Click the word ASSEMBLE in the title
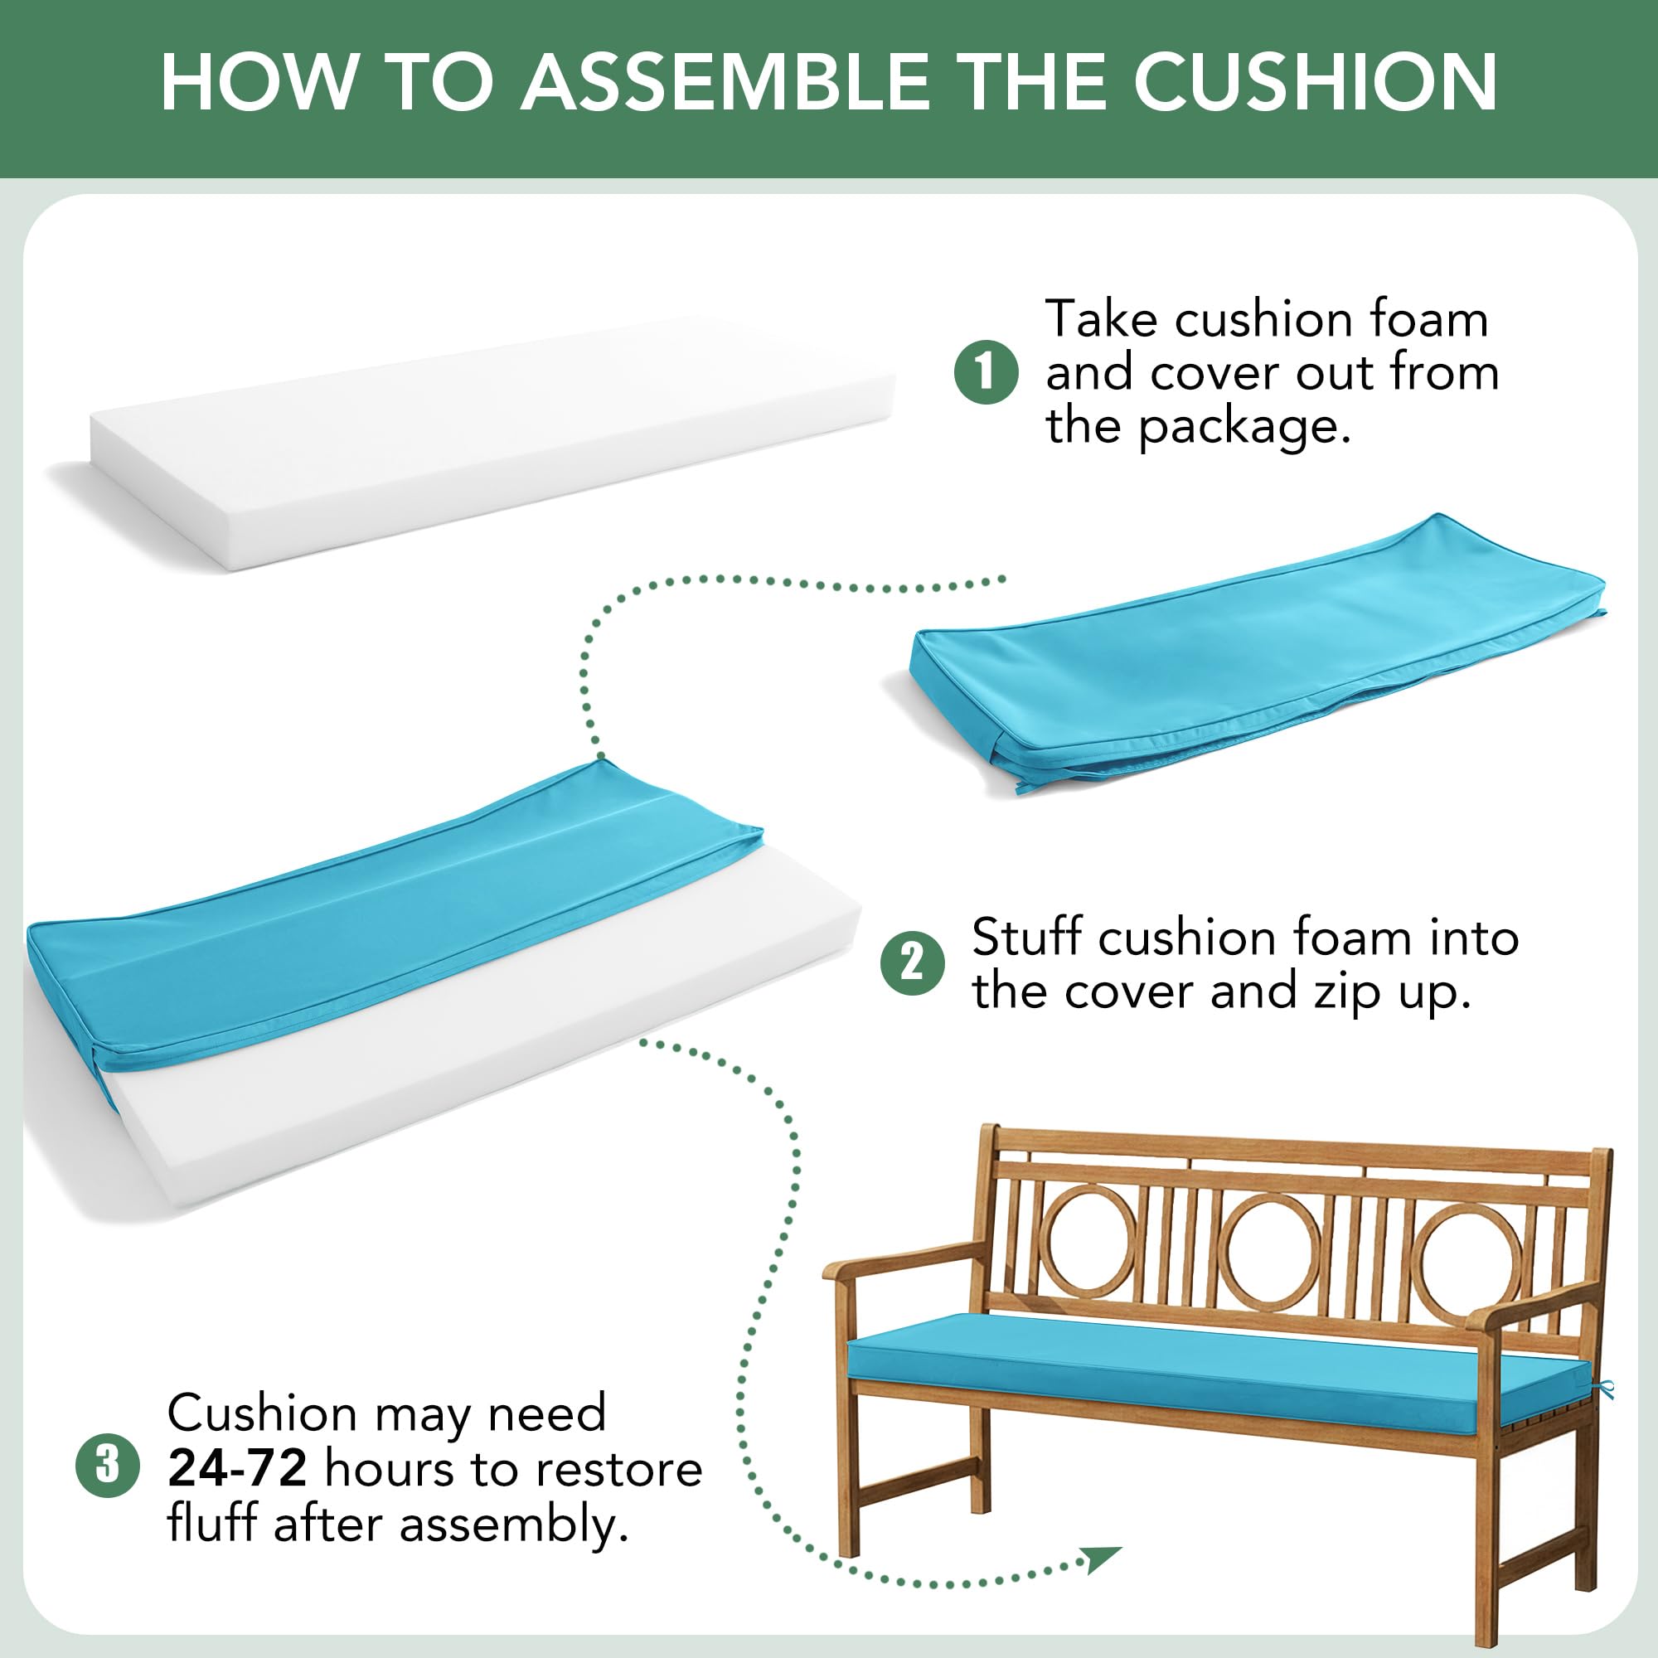point(726,82)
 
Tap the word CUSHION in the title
point(1316,82)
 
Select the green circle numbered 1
point(986,372)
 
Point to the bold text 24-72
point(237,1467)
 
